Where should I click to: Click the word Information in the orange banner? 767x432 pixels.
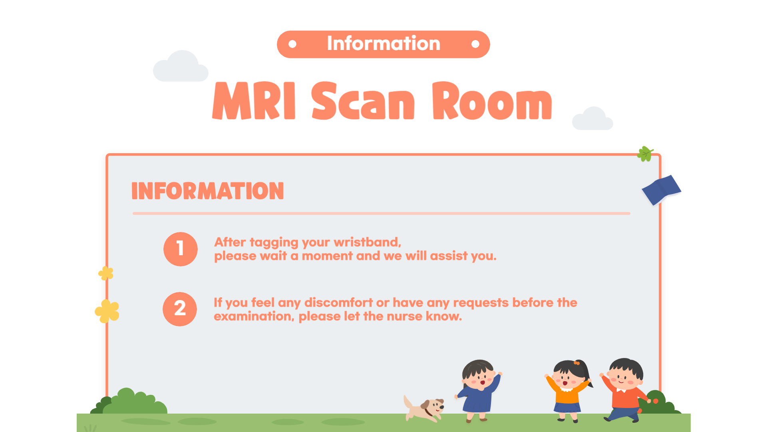[x=383, y=43]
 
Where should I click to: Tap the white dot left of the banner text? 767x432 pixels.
[x=292, y=44]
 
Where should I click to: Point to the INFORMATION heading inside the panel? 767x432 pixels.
[x=208, y=191]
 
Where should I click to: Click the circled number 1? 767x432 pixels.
[x=181, y=249]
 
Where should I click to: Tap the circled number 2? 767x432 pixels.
[x=180, y=309]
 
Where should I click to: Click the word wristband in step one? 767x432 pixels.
[x=366, y=242]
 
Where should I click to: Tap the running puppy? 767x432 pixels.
[x=424, y=408]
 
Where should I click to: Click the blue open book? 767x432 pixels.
[x=661, y=190]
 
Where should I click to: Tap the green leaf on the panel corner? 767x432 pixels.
[x=645, y=154]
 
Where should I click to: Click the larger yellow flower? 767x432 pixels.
[x=107, y=311]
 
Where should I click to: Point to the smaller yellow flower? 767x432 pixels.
[x=106, y=273]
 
